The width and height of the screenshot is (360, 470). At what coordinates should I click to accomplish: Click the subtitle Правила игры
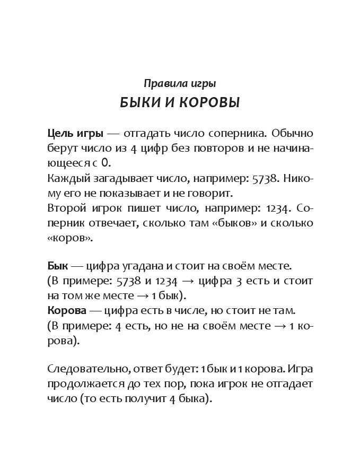click(180, 83)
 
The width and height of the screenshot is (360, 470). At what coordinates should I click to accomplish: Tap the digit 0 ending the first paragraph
click(106, 163)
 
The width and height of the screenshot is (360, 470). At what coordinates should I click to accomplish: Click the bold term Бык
click(58, 265)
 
